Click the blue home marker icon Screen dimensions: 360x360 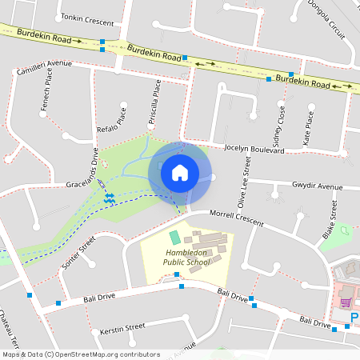[180, 173]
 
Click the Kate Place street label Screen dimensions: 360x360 [309, 126]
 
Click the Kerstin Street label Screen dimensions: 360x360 [122, 327]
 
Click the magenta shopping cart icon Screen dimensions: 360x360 [346, 302]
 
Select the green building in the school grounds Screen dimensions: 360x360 [174, 238]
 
